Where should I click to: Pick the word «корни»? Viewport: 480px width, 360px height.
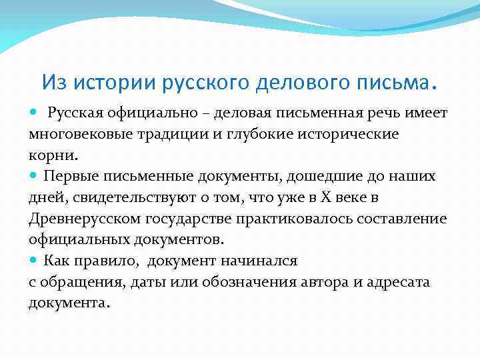[x=51, y=155]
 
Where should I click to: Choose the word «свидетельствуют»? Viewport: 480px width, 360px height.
[x=137, y=197]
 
